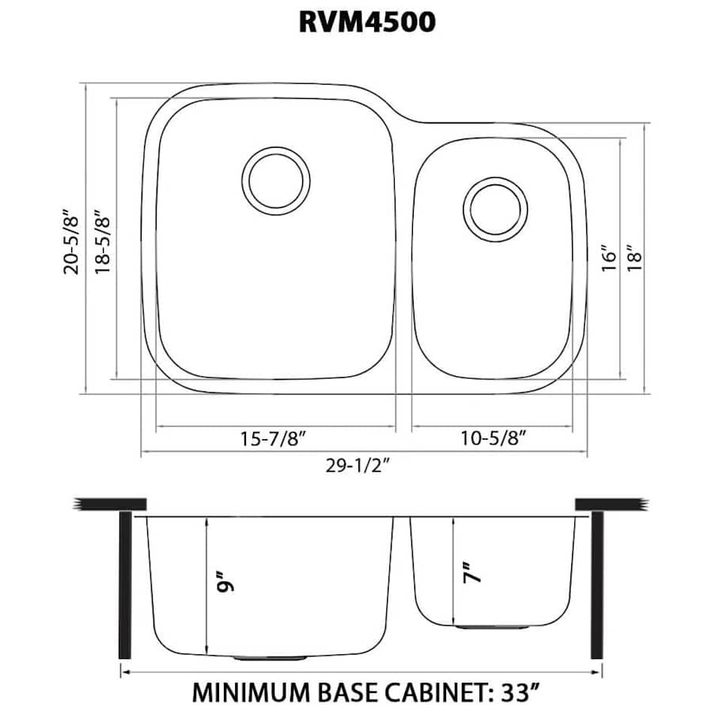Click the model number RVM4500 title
(x=367, y=22)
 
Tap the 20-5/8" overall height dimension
(x=73, y=240)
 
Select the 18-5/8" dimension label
(x=100, y=240)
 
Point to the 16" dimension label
(x=607, y=258)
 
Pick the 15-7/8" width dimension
(x=275, y=437)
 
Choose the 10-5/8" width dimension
(x=491, y=437)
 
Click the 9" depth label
(x=223, y=583)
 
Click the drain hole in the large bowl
(x=275, y=180)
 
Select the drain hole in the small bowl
(x=495, y=209)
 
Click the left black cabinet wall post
(x=124, y=585)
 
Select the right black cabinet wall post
(x=598, y=585)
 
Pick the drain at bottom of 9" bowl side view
(x=270, y=657)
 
